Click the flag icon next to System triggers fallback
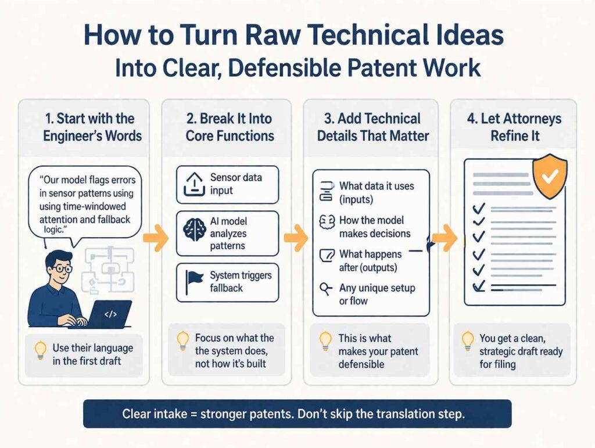(x=194, y=281)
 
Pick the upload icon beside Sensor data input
(x=194, y=184)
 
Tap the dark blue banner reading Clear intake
(x=297, y=414)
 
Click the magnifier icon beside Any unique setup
(x=327, y=288)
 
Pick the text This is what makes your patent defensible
(x=377, y=351)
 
